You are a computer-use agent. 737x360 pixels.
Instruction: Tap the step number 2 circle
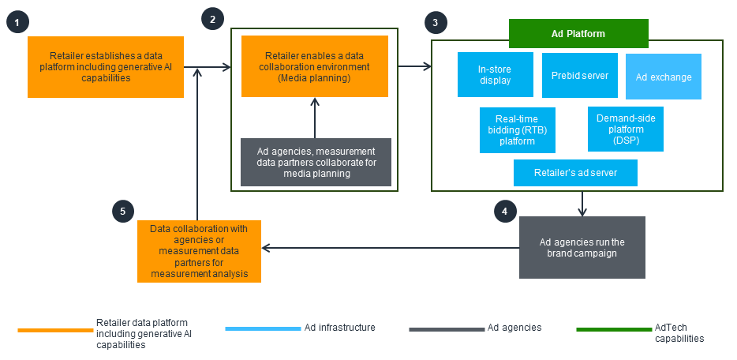coord(212,18)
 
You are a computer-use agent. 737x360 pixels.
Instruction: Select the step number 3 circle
coord(434,21)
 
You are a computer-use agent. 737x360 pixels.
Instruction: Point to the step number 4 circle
coord(506,211)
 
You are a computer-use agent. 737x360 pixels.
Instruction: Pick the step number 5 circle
coord(122,211)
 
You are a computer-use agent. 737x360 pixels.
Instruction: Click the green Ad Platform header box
coord(578,35)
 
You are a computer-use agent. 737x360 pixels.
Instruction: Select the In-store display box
coord(495,75)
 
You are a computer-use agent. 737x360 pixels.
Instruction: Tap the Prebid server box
coord(580,75)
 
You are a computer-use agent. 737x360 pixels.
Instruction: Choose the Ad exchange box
coord(664,77)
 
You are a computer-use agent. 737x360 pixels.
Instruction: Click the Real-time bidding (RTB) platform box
coord(518,129)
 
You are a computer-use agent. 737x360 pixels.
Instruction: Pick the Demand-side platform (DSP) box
coord(625,129)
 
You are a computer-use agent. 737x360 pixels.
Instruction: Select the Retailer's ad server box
coord(574,173)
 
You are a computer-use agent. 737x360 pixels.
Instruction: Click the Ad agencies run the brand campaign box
coord(582,247)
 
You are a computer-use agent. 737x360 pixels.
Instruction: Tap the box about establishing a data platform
coord(106,67)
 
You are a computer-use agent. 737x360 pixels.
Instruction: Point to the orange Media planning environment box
coord(315,66)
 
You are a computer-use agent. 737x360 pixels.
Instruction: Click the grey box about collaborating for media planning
coord(316,162)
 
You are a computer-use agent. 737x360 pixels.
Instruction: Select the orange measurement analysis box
coord(199,251)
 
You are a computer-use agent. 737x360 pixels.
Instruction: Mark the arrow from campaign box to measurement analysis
coord(391,248)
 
